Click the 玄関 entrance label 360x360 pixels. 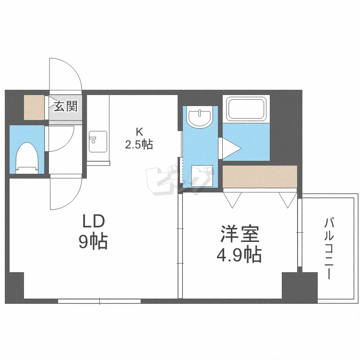coord(65,106)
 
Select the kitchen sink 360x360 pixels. coord(97,141)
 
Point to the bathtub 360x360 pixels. coord(246,109)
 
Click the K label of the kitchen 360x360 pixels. coord(139,131)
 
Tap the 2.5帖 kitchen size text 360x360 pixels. coord(139,144)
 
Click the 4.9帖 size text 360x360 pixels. coord(238,254)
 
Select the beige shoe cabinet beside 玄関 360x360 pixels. coord(34,108)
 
